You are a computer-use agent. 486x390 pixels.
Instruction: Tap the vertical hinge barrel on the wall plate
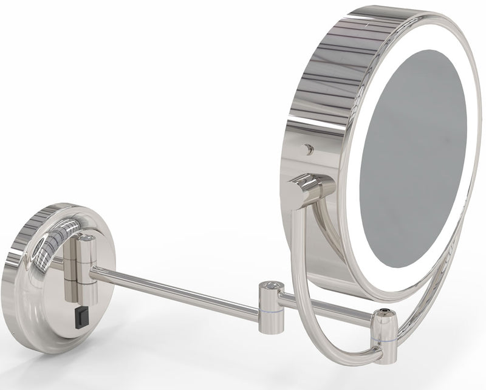[84, 265]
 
